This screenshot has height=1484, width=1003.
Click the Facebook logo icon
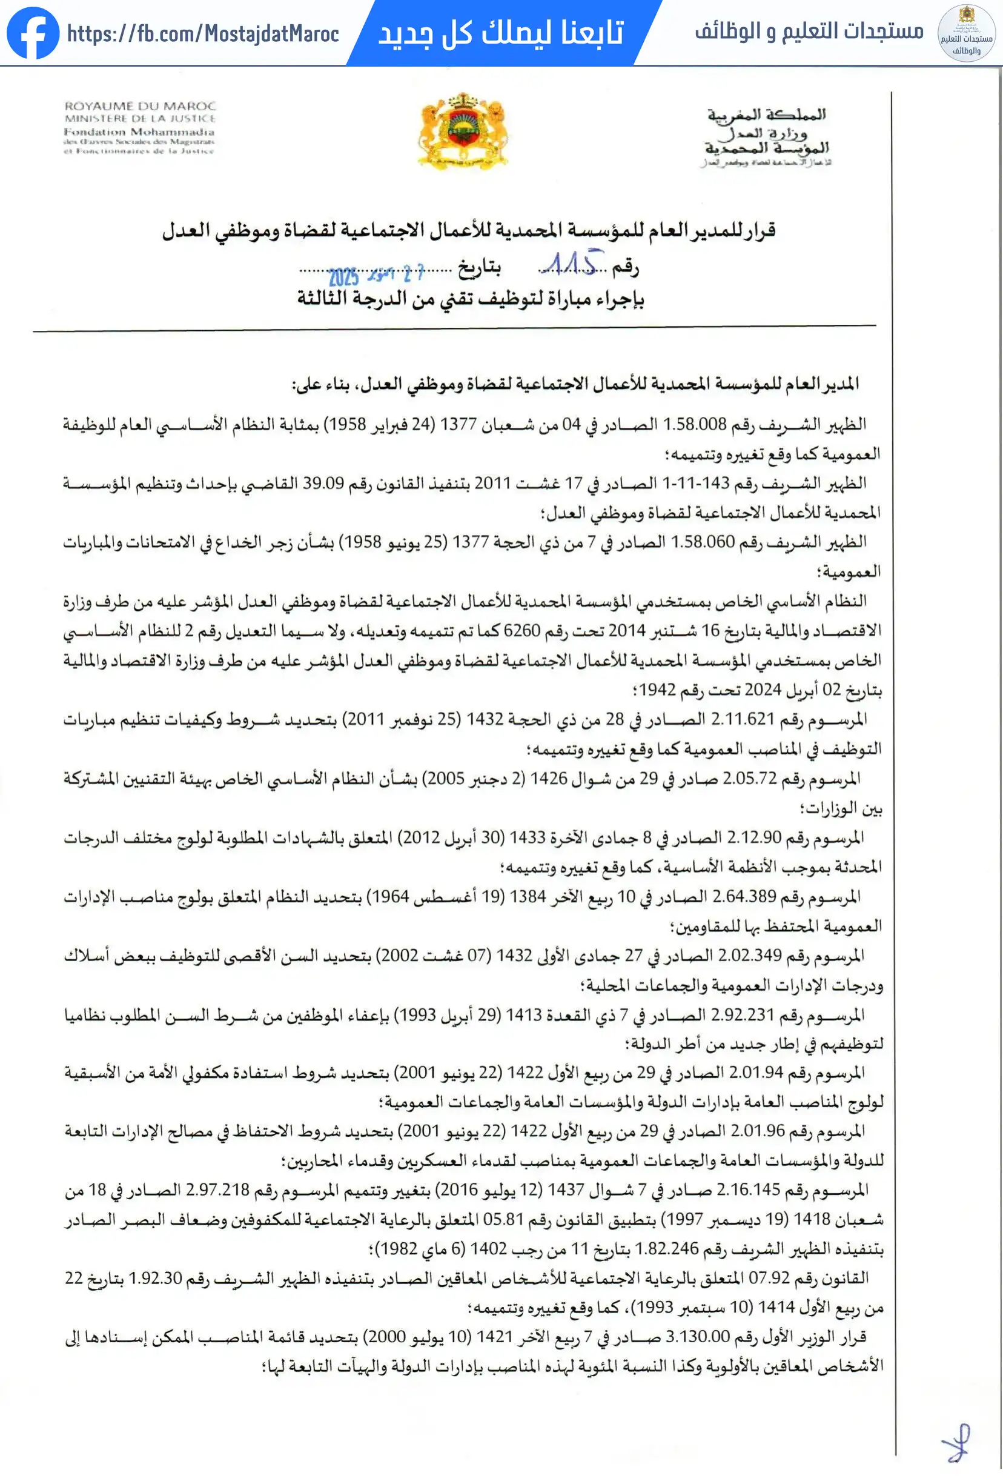tap(33, 33)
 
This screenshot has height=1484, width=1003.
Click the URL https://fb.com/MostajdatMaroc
tap(203, 34)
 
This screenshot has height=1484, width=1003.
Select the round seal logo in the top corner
tap(966, 33)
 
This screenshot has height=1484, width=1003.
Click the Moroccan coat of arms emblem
tap(463, 131)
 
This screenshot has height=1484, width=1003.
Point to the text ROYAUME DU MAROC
tap(140, 106)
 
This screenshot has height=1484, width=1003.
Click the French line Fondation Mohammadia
tap(139, 131)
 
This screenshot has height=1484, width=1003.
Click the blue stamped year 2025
tap(343, 276)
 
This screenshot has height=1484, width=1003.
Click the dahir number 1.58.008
tap(695, 424)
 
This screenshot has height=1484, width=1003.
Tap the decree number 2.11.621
tap(743, 719)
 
